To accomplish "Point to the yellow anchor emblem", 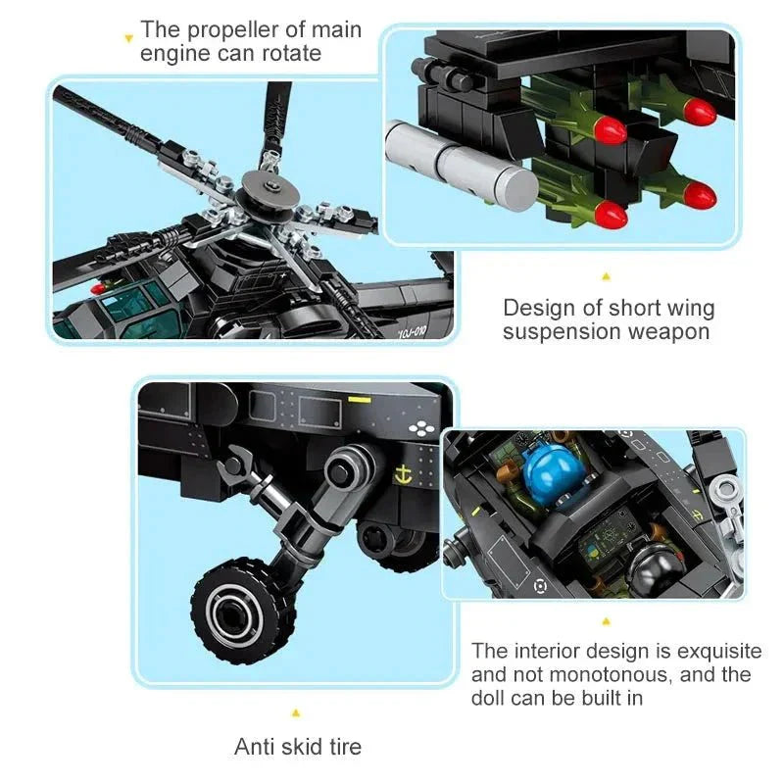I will point(401,475).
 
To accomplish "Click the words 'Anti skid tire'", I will point(298,747).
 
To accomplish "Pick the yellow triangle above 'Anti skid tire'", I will point(296,713).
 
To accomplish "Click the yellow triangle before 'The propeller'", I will point(127,38).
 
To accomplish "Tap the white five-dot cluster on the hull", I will point(418,427).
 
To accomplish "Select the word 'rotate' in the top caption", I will point(289,53).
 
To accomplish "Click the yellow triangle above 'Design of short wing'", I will point(606,276).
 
